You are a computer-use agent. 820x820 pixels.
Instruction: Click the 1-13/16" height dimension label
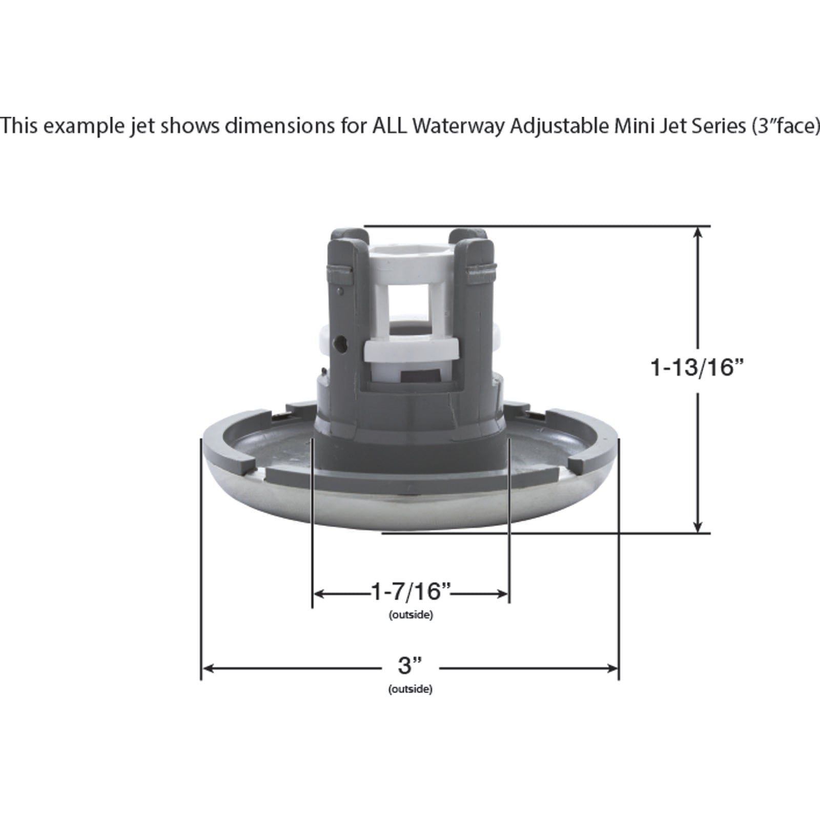click(696, 367)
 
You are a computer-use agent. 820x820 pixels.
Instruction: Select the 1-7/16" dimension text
click(411, 592)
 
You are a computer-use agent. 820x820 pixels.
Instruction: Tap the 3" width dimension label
click(410, 666)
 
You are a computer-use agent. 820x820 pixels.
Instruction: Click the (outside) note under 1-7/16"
click(411, 615)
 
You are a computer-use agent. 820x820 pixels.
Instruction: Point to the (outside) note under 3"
click(411, 689)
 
